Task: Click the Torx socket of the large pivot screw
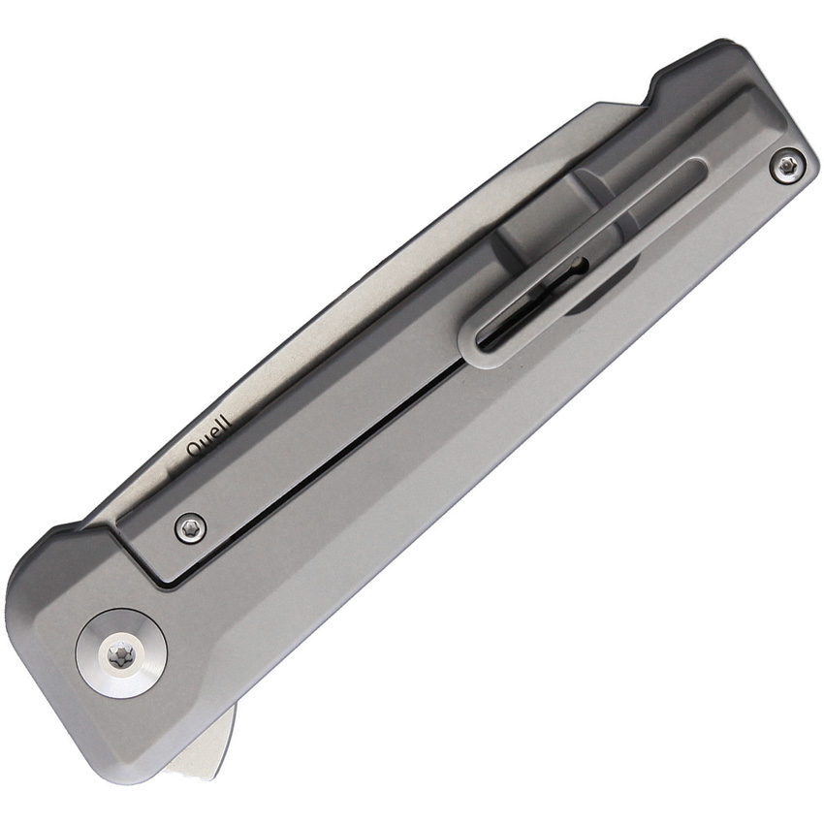tap(121, 655)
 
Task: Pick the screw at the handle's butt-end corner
tap(787, 166)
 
